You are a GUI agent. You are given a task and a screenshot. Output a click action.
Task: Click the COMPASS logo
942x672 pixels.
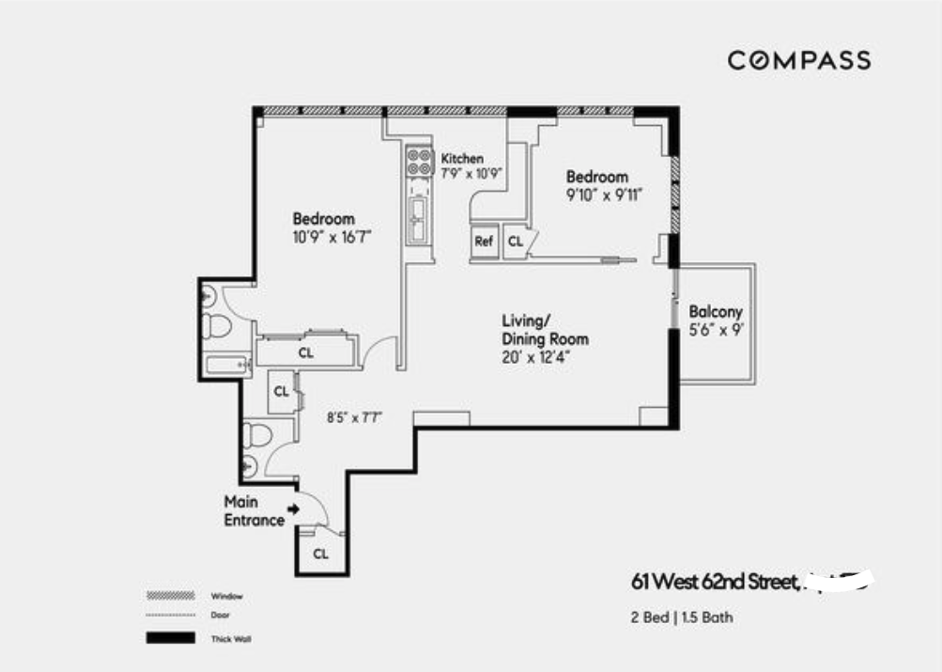pos(799,61)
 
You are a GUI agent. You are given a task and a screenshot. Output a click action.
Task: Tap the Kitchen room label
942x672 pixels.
pos(462,159)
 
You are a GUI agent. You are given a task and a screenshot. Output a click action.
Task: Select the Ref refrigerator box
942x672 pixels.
pos(484,242)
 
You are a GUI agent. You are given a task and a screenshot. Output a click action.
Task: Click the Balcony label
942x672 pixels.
pos(716,312)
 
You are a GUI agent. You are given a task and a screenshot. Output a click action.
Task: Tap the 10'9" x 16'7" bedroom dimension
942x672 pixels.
pos(333,237)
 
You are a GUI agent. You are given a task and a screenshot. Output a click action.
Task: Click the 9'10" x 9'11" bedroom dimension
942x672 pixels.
pos(610,196)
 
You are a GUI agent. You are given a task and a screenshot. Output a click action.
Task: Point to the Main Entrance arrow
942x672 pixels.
pos(293,509)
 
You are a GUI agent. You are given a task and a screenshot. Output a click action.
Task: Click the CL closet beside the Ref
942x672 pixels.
pos(515,242)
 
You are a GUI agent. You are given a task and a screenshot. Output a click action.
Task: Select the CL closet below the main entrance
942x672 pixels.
pos(321,554)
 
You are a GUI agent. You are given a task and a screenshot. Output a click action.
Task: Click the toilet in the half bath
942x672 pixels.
pos(255,434)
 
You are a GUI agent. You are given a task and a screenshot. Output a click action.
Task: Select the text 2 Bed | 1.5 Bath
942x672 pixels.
pos(681,617)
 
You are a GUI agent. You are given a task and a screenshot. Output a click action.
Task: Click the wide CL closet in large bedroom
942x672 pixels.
pos(305,352)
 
